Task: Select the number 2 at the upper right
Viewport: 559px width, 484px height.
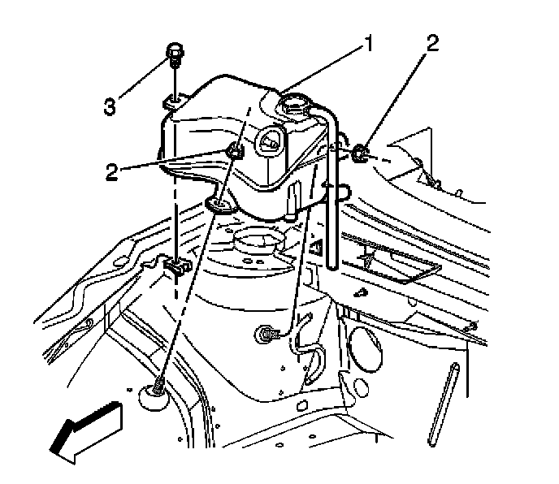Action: point(433,43)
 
